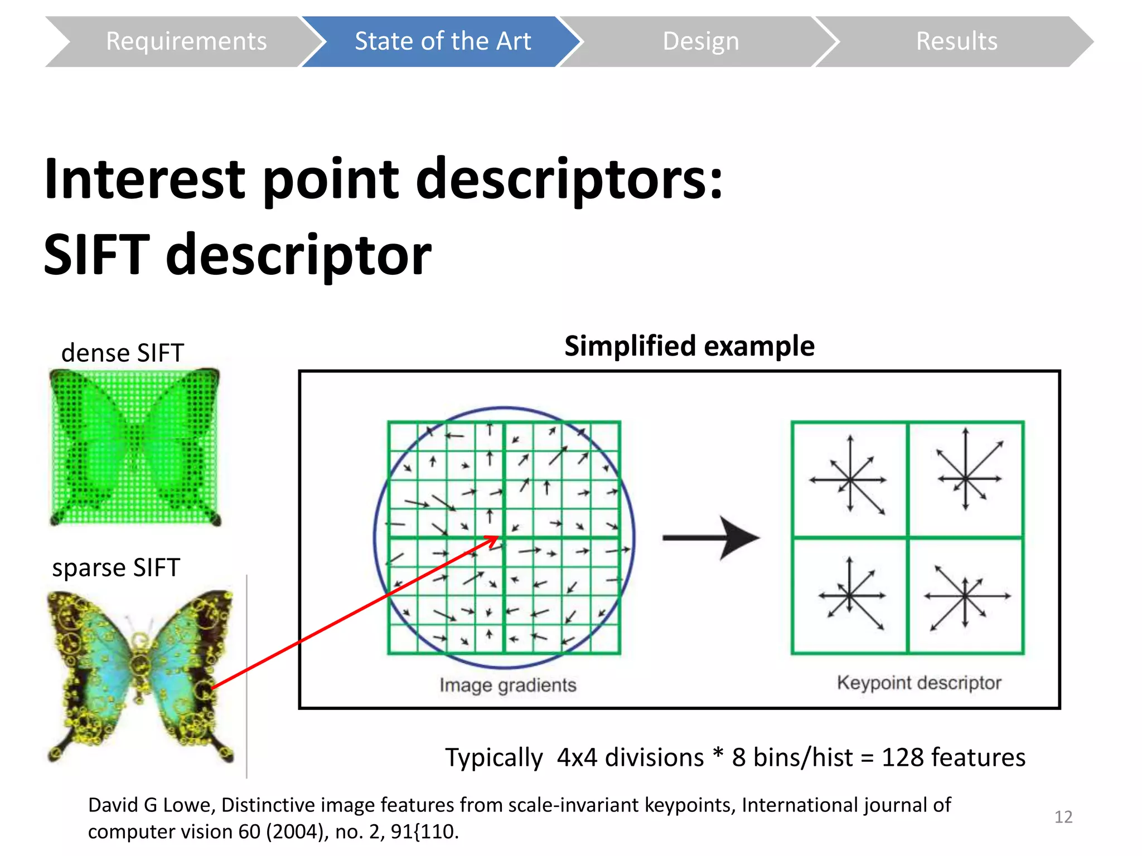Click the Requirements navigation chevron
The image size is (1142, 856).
point(186,42)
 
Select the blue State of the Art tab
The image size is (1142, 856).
point(442,42)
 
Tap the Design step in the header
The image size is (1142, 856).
point(700,42)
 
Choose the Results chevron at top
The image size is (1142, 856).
point(956,42)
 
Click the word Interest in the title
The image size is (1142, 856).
point(145,179)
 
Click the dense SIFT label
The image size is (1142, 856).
point(122,353)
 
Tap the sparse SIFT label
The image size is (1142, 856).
point(116,567)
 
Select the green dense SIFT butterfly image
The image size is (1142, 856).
point(135,446)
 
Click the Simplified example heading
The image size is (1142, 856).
point(689,346)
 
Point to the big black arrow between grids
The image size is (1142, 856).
point(712,538)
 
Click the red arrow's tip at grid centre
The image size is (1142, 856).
point(496,538)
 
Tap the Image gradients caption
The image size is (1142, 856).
point(507,685)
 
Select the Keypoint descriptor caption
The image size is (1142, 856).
point(919,683)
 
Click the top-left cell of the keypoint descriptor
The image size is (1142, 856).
point(849,480)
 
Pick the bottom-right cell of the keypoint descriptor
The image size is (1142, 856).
point(966,596)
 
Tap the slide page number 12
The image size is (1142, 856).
point(1063,817)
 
